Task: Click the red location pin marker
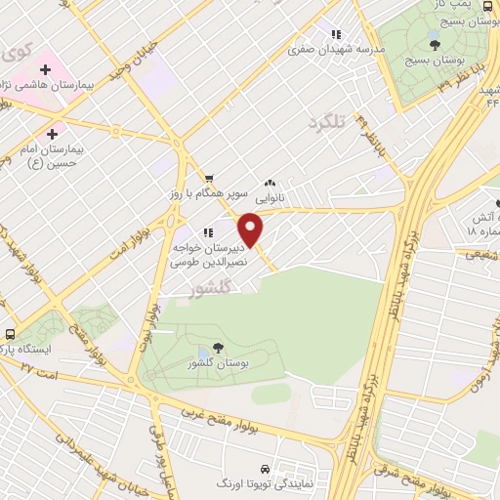pos(252,229)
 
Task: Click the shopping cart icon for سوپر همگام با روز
pos(208,179)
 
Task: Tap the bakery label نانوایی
pos(269,196)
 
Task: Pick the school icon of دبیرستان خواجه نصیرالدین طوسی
pos(208,233)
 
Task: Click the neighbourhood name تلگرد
pos(327,123)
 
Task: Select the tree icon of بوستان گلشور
pos(217,348)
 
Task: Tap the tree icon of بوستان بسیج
pos(435,45)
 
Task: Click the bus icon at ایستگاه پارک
pos(10,332)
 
